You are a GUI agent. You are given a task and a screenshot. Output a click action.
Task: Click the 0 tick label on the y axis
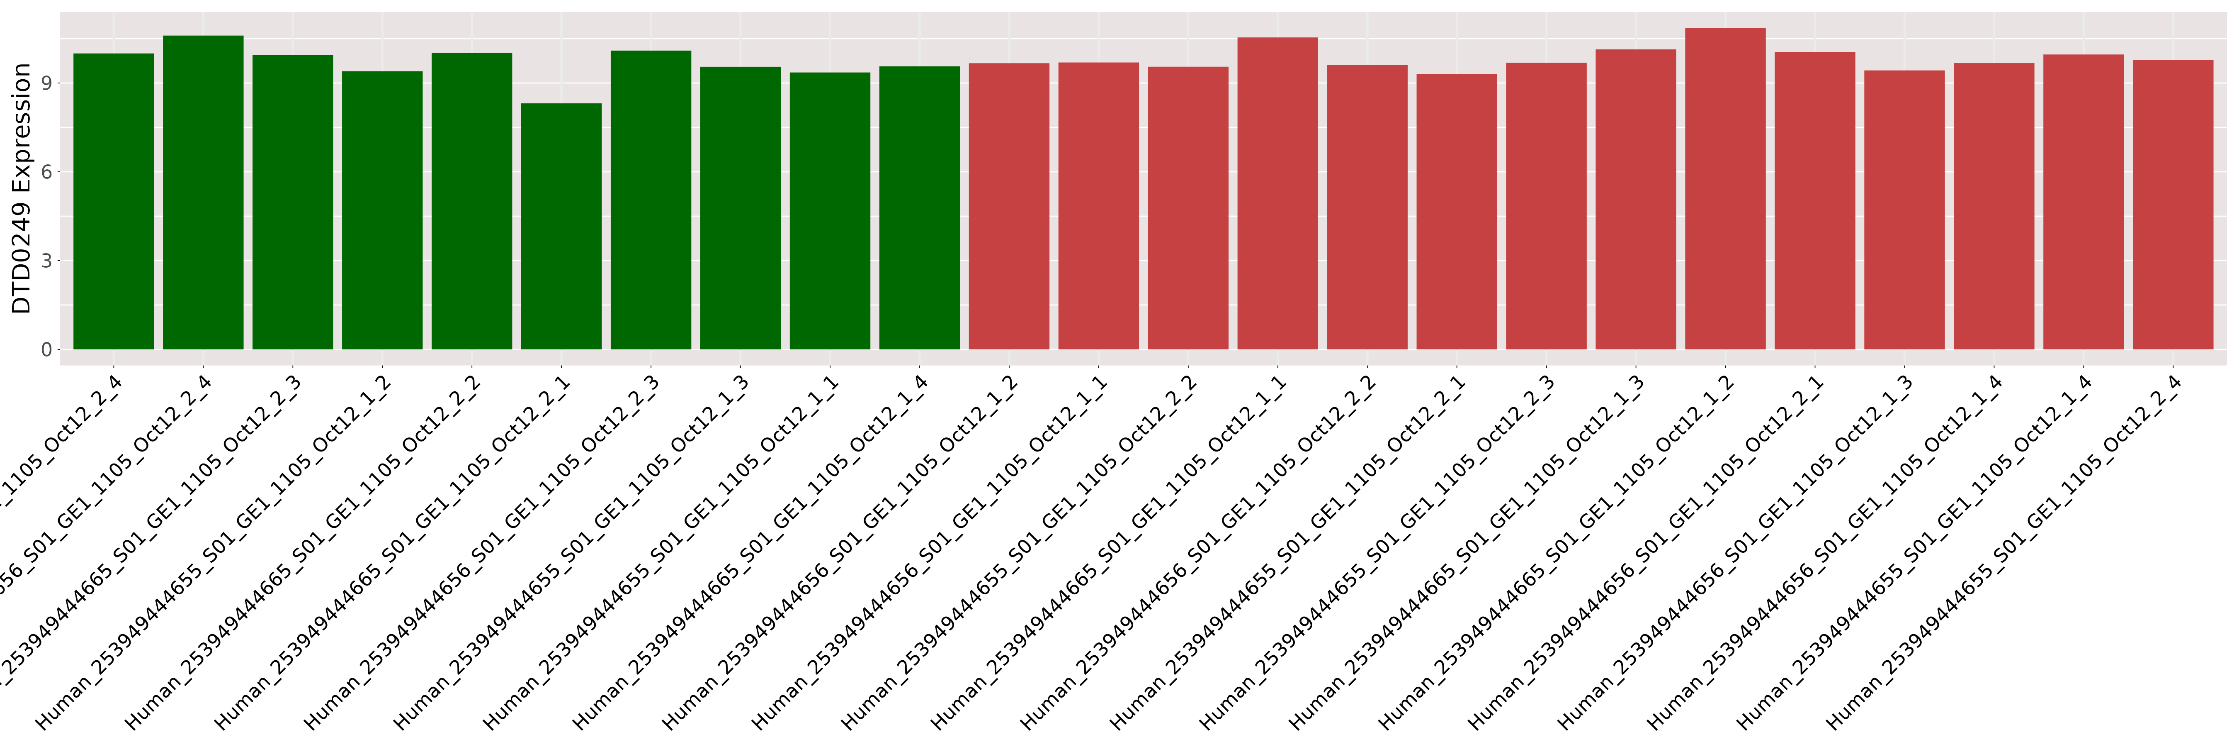[x=46, y=349]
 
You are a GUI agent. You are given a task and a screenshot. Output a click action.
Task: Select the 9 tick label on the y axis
[x=46, y=83]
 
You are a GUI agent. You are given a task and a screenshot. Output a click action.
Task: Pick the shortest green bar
[x=561, y=226]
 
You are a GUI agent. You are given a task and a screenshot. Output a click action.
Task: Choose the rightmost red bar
[x=2173, y=204]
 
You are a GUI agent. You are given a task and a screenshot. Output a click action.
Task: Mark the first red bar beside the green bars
[x=1009, y=206]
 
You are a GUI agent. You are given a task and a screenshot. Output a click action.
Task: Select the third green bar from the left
[x=293, y=202]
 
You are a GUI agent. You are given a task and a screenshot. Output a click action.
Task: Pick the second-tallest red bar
[x=1278, y=193]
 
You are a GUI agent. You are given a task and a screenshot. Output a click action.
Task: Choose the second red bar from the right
[x=2084, y=202]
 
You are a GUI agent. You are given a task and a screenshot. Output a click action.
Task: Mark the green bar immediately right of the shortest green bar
[x=651, y=200]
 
